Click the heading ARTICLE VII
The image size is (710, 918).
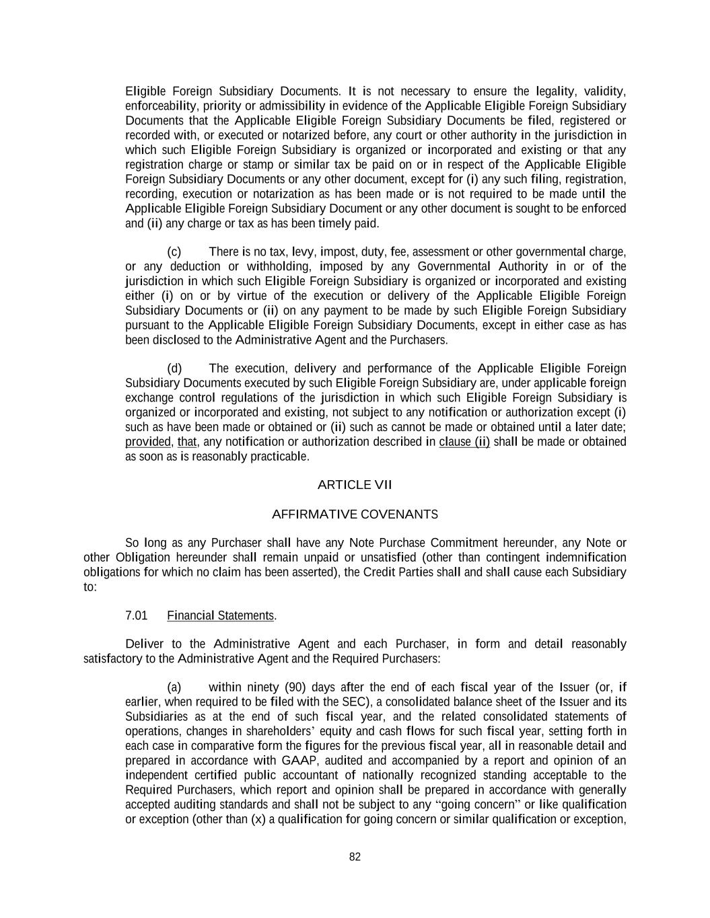[355, 485]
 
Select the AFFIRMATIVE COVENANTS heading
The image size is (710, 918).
[355, 514]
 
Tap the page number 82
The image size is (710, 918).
[355, 857]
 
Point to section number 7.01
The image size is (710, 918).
[137, 615]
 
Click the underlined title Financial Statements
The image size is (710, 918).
[221, 615]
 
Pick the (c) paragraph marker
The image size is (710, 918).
[174, 252]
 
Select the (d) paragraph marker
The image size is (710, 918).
[174, 369]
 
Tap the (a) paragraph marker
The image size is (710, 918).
[174, 687]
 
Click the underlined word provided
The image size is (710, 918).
[148, 442]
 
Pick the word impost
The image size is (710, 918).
[339, 252]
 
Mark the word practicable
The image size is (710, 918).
[279, 457]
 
